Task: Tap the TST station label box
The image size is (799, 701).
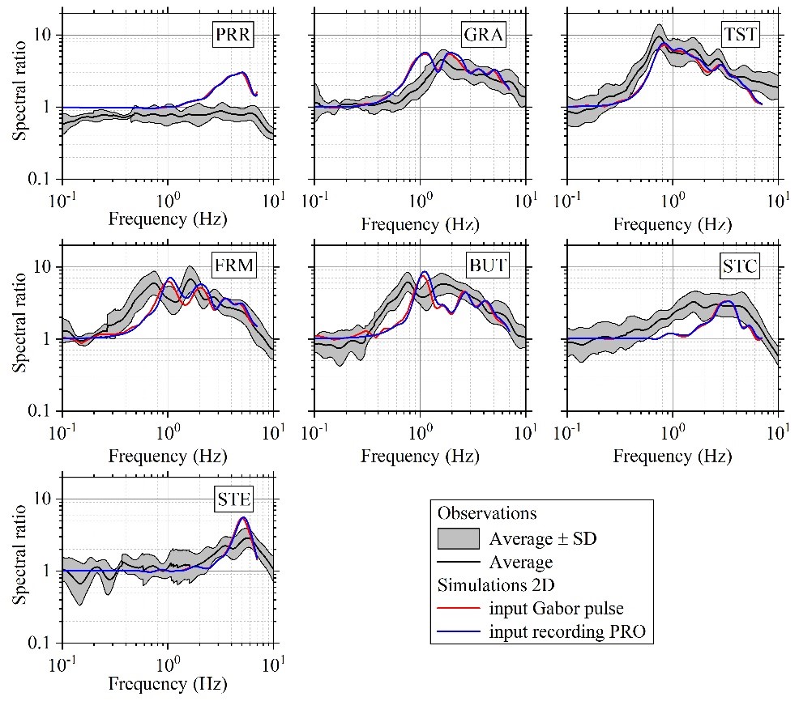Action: (x=740, y=36)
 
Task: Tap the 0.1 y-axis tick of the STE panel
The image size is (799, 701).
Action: (x=43, y=643)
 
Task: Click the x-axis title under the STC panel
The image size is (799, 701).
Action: (x=672, y=456)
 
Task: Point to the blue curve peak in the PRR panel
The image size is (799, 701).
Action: (x=243, y=73)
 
